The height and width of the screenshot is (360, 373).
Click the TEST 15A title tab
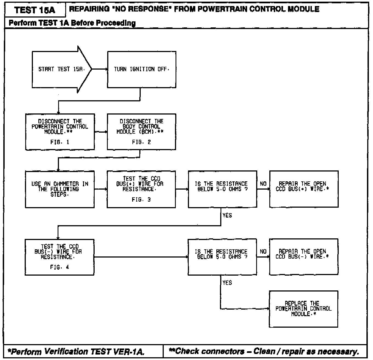click(x=35, y=10)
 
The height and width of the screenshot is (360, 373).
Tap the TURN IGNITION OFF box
click(x=142, y=69)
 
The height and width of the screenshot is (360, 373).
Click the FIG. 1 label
click(x=60, y=142)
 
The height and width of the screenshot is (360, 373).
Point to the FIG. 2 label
click(x=141, y=142)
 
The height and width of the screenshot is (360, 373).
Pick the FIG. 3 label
click(x=141, y=200)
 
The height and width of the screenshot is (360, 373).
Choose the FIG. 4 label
click(x=60, y=267)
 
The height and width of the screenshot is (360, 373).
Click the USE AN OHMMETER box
click(x=60, y=189)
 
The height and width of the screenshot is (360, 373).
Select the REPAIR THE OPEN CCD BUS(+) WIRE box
click(x=304, y=189)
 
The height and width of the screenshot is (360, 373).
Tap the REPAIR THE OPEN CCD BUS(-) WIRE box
click(x=304, y=257)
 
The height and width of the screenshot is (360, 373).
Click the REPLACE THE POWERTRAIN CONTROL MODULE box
click(x=303, y=309)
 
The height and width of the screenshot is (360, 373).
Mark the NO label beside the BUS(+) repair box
click(x=263, y=184)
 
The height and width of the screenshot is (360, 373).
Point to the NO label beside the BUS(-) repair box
click(x=263, y=252)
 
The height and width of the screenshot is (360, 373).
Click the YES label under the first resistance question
click(x=227, y=216)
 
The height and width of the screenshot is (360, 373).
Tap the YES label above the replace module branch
click(x=227, y=283)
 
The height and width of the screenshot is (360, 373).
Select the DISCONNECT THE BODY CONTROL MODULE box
click(x=141, y=132)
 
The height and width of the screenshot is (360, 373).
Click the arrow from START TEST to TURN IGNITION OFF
click(x=99, y=69)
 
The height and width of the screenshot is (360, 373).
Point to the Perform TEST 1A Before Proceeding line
click(x=72, y=23)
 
